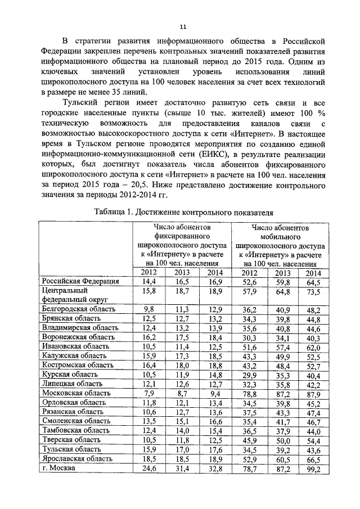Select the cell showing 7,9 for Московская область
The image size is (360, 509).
click(149, 394)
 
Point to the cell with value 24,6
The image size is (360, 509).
click(148, 469)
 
